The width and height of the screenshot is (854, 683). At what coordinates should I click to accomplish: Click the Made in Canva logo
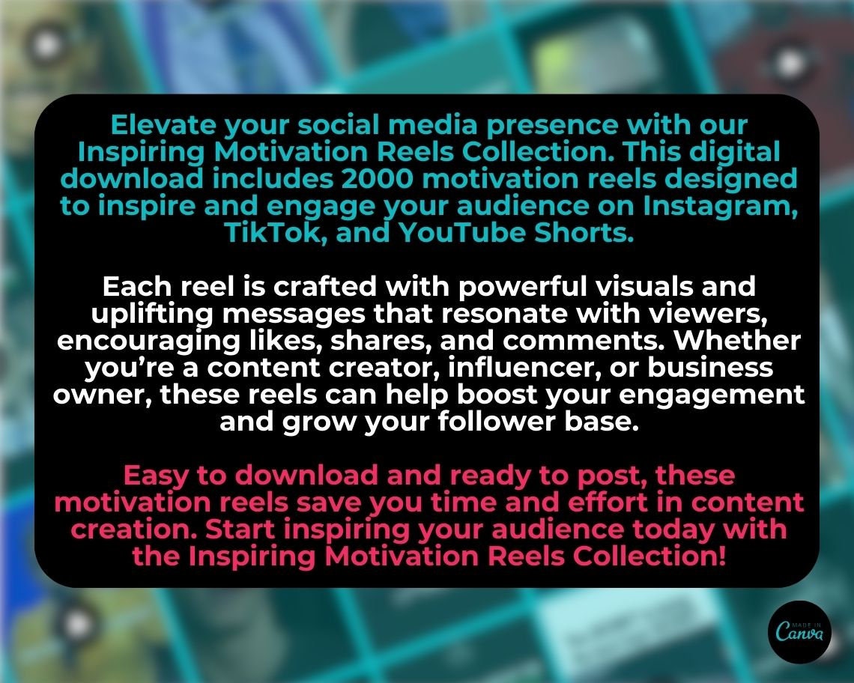(800, 632)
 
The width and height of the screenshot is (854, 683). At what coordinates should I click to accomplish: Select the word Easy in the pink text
(155, 476)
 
